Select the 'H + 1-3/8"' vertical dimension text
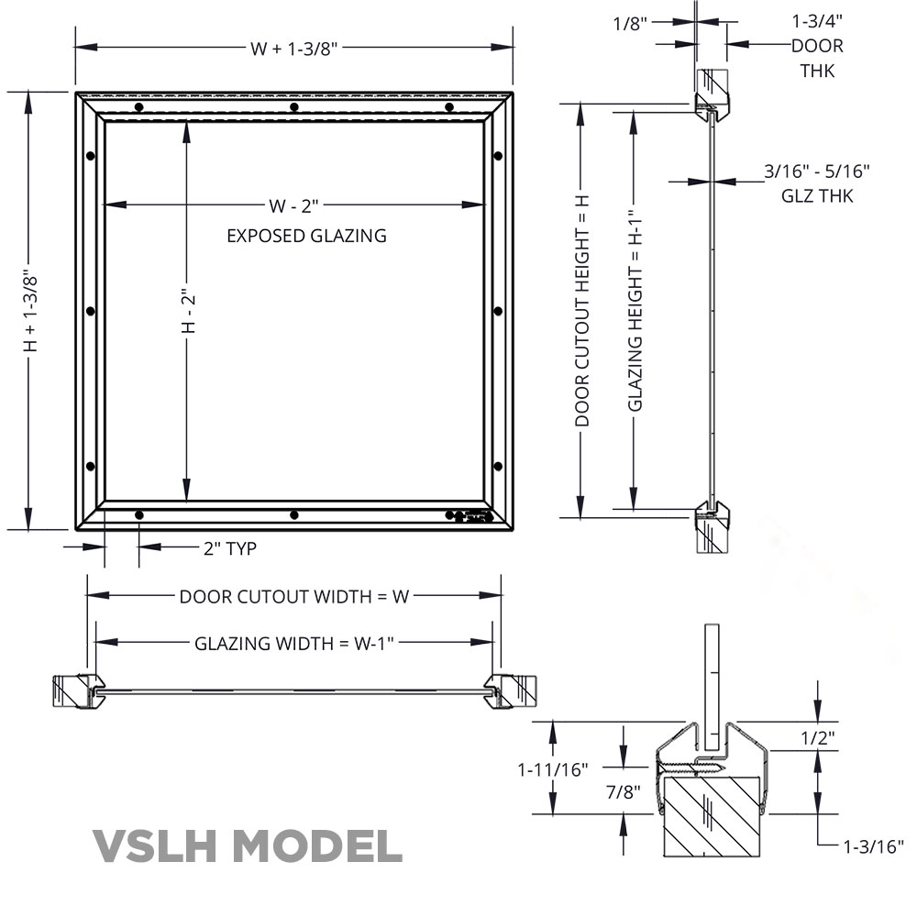tap(30, 311)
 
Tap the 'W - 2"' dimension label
tap(294, 205)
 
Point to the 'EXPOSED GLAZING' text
tap(306, 236)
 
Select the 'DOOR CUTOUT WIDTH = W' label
tap(293, 596)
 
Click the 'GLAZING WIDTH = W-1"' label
tap(293, 643)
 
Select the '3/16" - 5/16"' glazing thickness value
tap(816, 171)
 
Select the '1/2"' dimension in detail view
tap(817, 736)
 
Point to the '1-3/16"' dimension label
tap(873, 845)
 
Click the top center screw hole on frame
tap(293, 107)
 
